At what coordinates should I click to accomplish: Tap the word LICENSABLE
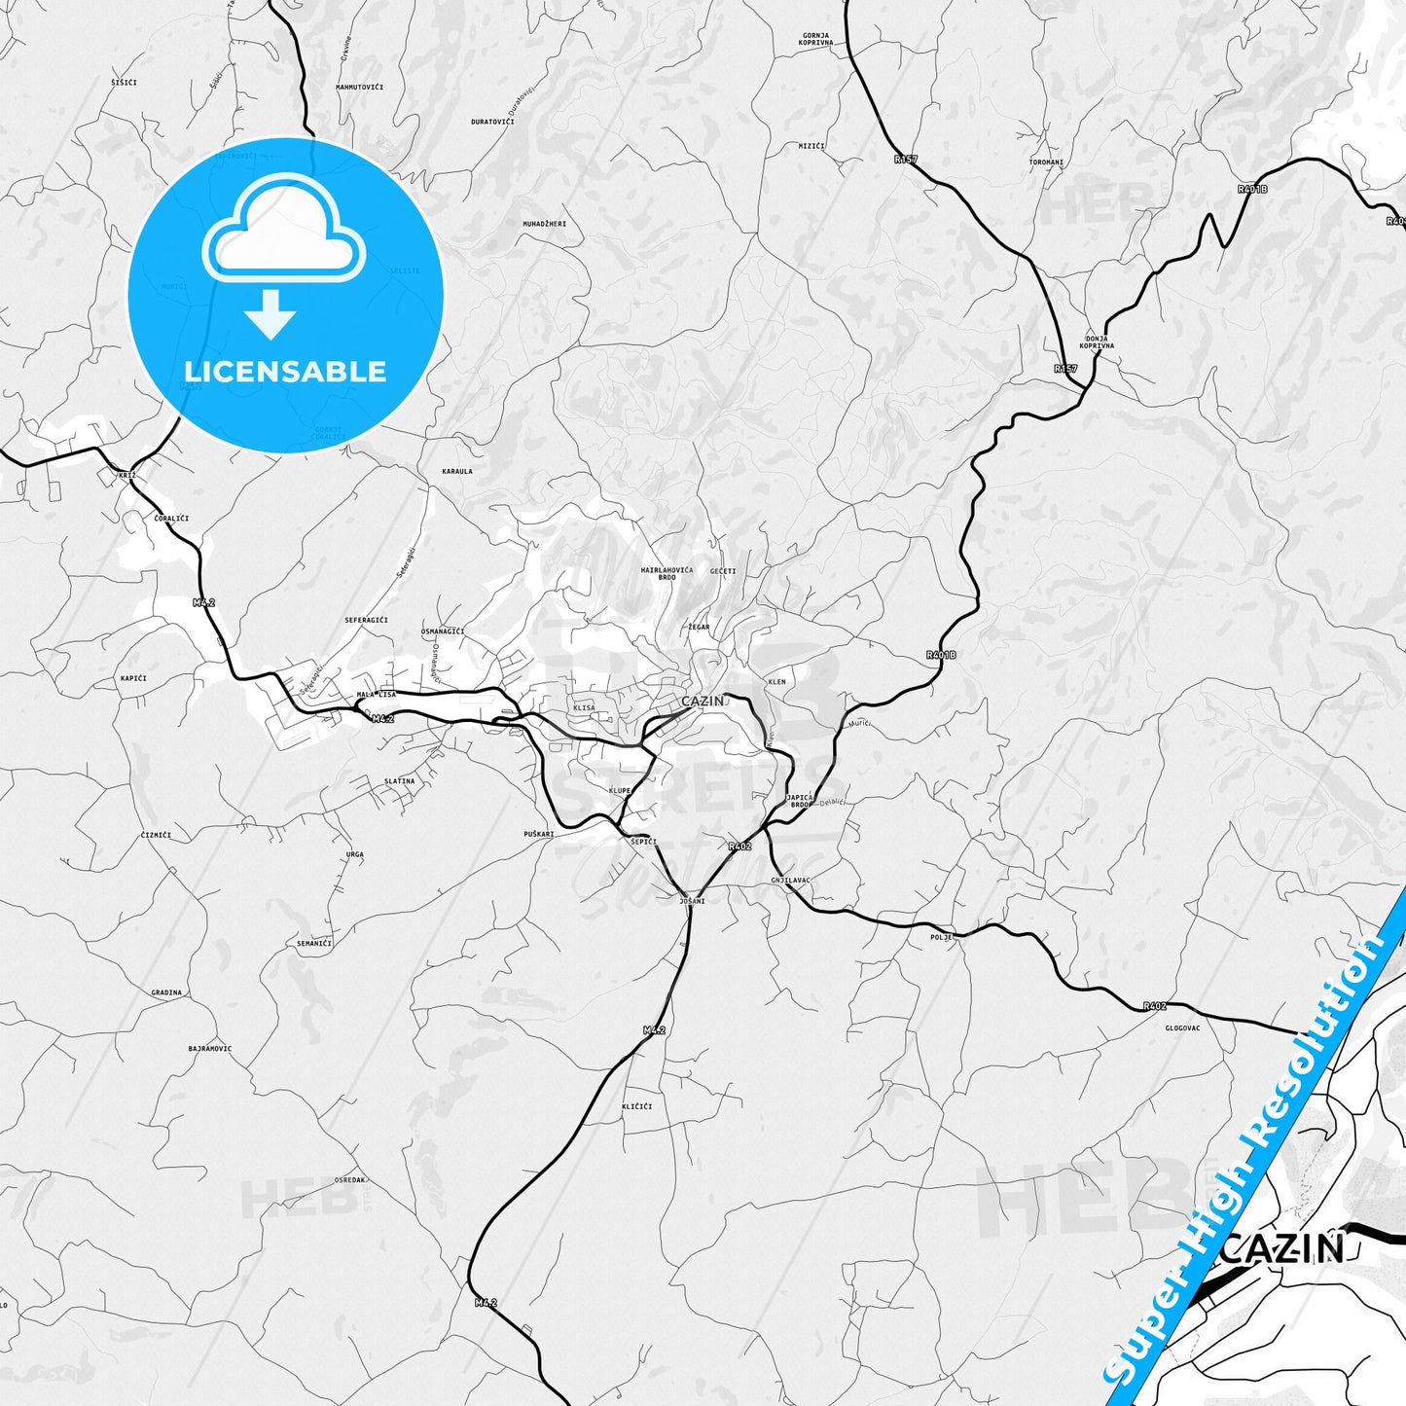point(285,372)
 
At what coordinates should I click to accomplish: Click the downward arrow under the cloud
point(270,314)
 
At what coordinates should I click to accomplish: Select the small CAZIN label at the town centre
point(703,702)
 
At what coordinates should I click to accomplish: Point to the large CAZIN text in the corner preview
point(1282,1248)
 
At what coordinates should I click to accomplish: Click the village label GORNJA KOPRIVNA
point(815,39)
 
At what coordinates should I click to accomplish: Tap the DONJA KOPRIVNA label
point(1097,342)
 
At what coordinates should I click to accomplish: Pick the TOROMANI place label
point(1046,162)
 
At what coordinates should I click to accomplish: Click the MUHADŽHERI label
point(544,224)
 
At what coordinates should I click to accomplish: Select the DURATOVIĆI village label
point(492,122)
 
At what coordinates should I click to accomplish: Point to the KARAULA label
point(457,471)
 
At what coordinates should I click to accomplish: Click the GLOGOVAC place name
point(1182,1027)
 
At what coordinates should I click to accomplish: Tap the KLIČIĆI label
point(636,1106)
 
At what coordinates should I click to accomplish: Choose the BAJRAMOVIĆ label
point(210,1049)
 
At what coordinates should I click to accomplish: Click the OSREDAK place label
point(349,1180)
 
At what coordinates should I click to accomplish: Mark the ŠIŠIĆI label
point(124,83)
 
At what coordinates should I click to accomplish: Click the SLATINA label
point(399,781)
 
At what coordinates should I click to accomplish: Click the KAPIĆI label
point(132,677)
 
